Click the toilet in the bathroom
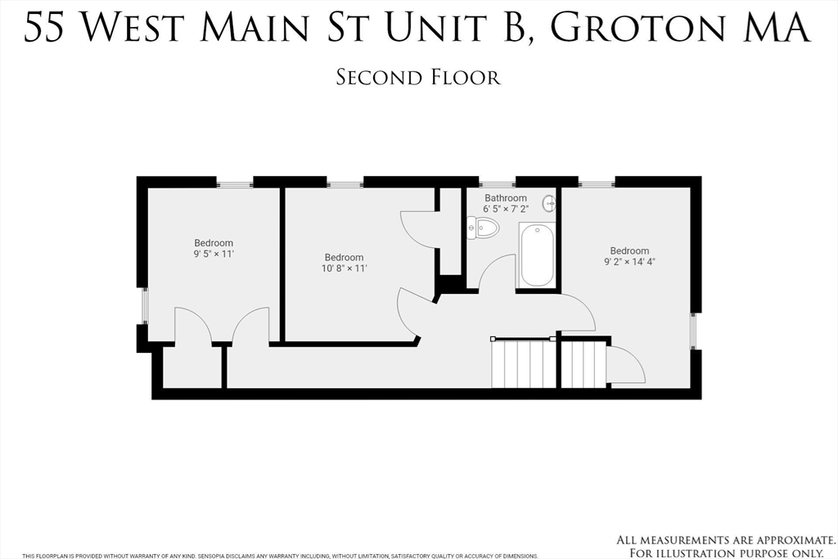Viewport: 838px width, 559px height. tap(483, 228)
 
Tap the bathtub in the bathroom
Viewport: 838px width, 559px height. tap(537, 255)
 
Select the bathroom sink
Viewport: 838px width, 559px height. tap(549, 204)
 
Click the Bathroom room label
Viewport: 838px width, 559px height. tap(506, 198)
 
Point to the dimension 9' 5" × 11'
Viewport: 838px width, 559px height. tap(214, 254)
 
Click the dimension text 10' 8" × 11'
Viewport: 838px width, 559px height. tap(345, 268)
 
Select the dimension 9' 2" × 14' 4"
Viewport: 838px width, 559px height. tap(629, 262)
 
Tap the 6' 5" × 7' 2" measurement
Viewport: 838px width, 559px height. tap(506, 209)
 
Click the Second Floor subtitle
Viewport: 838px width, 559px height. tap(418, 78)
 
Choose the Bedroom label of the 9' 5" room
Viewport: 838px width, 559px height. tap(214, 243)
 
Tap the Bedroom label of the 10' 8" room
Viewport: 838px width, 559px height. tap(345, 258)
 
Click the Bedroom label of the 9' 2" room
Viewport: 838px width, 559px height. tap(629, 250)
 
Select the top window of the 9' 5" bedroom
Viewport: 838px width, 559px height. tap(235, 184)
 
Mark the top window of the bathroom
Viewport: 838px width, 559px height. tap(497, 184)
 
